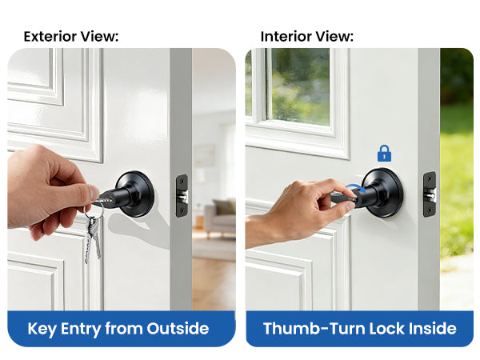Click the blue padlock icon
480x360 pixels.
(384, 154)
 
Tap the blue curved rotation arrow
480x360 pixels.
(355, 187)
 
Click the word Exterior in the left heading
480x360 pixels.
(50, 37)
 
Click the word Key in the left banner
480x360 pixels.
(42, 330)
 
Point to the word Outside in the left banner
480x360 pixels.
(178, 329)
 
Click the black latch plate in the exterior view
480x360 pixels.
(182, 195)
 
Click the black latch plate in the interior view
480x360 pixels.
(430, 194)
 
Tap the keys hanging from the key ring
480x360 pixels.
(93, 238)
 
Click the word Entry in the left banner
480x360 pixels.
(81, 330)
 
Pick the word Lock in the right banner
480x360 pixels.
(386, 329)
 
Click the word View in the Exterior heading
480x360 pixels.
(99, 37)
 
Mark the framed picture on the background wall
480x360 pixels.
(204, 155)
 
